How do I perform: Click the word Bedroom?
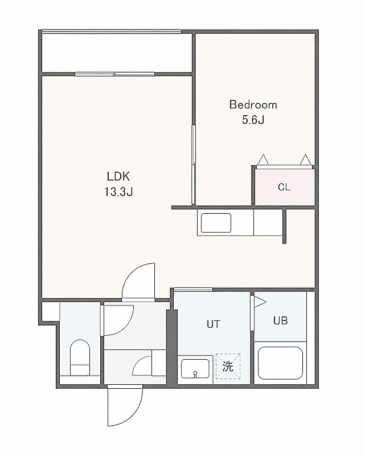253,105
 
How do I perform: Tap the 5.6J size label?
253,120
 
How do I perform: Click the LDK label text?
118,176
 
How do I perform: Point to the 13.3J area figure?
118,192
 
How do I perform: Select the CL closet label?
284,187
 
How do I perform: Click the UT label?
214,324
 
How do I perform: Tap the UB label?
280,320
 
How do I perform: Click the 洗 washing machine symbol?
228,366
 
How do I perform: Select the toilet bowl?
80,357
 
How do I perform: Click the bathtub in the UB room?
280,363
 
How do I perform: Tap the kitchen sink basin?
216,223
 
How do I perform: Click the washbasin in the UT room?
195,368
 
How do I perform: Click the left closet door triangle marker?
263,160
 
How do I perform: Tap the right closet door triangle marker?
305,160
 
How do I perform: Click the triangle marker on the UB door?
260,302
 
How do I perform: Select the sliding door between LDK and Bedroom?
193,165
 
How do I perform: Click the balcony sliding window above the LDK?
115,74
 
